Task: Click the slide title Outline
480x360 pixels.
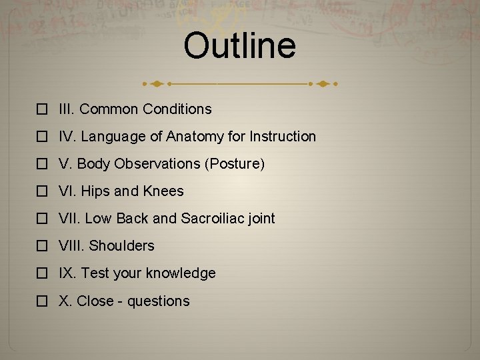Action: [239, 46]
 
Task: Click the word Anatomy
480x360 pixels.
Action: [194, 137]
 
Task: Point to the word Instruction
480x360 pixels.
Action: [282, 137]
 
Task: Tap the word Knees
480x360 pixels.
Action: [163, 191]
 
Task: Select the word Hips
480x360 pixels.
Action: [95, 191]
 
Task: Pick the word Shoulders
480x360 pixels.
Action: [121, 246]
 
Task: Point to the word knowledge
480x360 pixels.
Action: [181, 273]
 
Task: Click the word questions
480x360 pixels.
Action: [159, 301]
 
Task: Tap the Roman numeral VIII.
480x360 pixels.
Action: [71, 246]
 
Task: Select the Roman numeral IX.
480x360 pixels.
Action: [67, 273]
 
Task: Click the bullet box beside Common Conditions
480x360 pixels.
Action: [42, 109]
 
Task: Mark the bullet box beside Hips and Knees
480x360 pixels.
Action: [42, 192]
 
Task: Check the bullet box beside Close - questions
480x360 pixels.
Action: [42, 302]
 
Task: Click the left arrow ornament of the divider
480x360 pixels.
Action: [156, 85]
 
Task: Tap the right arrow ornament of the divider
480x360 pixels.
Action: [323, 85]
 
